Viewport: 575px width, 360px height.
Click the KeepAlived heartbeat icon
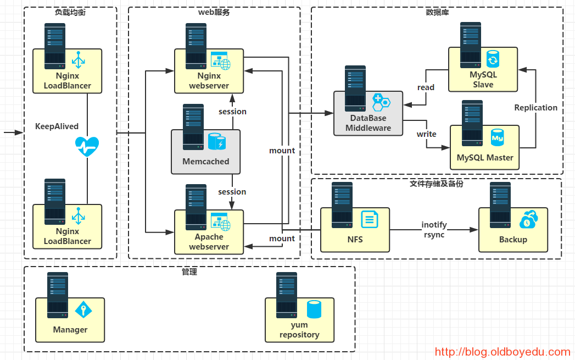[x=87, y=147]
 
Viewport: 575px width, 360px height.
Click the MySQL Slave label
[x=483, y=80]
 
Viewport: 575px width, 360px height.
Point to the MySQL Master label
[x=485, y=158]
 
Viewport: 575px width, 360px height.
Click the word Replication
[x=535, y=108]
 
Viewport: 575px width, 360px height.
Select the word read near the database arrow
[x=426, y=87]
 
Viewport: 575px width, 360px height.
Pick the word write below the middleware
[x=426, y=134]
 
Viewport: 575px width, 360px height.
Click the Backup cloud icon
[x=528, y=219]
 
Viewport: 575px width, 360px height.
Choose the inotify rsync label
[x=434, y=230]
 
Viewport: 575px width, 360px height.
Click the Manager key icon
[x=83, y=309]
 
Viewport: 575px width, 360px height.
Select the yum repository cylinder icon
[x=314, y=309]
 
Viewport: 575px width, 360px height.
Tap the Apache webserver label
[x=209, y=242]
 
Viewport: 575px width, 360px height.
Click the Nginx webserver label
[x=209, y=81]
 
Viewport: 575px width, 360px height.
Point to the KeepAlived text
[x=57, y=126]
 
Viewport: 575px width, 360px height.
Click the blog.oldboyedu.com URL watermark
[x=503, y=352]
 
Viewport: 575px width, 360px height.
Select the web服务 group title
[x=214, y=12]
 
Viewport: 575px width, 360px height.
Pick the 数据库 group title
[x=437, y=12]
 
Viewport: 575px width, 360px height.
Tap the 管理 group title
[x=189, y=272]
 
